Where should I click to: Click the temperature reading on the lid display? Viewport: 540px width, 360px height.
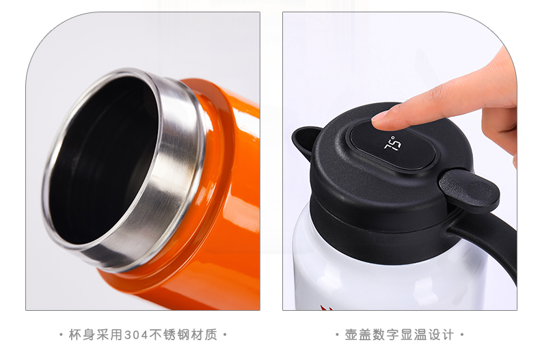pos(393,143)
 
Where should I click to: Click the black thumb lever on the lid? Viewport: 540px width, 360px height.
pos(469,191)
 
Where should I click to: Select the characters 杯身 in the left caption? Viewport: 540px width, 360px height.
pos(82,335)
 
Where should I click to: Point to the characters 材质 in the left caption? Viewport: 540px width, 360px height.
pos(204,335)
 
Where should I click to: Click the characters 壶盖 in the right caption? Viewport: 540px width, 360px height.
pos(358,335)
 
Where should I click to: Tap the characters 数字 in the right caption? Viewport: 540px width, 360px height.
pos(386,335)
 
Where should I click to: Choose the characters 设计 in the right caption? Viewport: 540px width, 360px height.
pos(440,335)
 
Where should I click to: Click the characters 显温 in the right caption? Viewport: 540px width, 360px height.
pos(414,335)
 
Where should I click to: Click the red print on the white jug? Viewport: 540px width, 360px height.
pos(326,307)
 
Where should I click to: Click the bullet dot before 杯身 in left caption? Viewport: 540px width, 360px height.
pos(62,335)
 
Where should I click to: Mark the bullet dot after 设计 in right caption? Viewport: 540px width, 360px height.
pos(462,335)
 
